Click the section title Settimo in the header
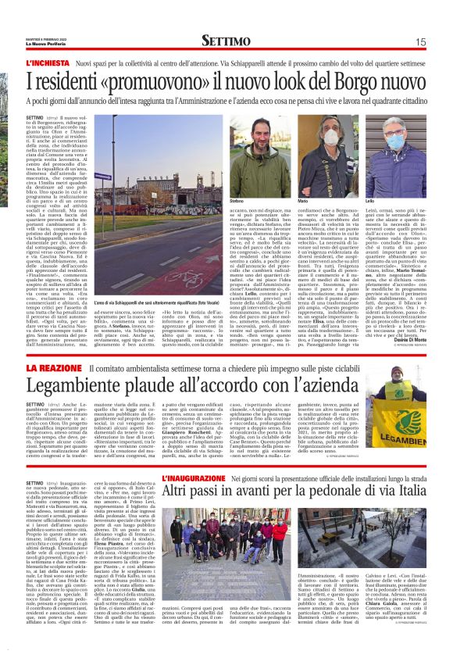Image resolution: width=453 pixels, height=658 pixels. coord(226,41)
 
